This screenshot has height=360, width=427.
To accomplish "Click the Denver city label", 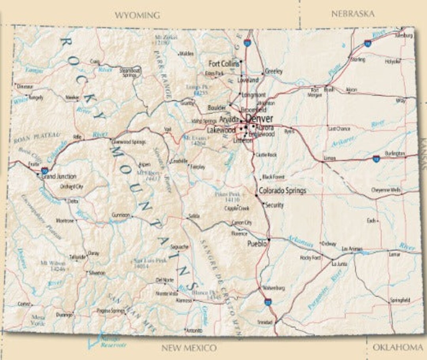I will (259, 119).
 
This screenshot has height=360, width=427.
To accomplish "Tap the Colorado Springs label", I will (282, 191).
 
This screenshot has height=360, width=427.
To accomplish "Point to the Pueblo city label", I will (257, 243).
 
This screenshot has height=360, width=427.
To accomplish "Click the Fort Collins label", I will (224, 64).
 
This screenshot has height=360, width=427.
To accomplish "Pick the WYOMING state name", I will (137, 15).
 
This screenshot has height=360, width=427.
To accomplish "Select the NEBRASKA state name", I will (353, 14).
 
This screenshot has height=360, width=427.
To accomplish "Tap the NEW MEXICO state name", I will (189, 348).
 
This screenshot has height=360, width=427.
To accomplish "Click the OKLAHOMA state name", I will (397, 347).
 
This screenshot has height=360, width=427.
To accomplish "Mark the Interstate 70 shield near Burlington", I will (376, 159).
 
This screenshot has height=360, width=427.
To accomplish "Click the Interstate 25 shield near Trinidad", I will (268, 302).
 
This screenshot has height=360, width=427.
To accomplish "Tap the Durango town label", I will (64, 315).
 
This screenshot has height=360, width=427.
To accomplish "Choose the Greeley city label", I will (274, 72).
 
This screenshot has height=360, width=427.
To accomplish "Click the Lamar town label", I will (395, 255).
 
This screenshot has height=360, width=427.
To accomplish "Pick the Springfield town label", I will (400, 300).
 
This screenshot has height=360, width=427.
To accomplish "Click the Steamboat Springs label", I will (130, 72).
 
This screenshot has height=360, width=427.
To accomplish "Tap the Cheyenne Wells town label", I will (386, 190).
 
